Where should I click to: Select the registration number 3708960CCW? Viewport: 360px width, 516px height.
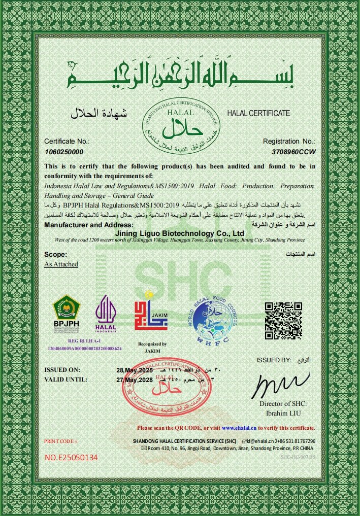pos(294,152)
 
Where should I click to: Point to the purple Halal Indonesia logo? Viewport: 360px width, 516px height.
pos(106,314)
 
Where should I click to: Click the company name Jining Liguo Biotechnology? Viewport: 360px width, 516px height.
pos(180,233)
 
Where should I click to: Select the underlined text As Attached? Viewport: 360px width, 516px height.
pos(61,264)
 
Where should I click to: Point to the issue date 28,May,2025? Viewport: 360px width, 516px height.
pos(134,369)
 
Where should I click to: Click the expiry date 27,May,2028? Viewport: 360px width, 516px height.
pos(134,379)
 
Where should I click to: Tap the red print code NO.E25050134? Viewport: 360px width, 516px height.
pos(71,458)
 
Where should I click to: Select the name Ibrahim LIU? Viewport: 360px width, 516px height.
pos(283,412)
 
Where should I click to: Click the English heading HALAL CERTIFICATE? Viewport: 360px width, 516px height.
pos(258,113)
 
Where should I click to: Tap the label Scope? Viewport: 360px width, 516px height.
pos(56,255)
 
